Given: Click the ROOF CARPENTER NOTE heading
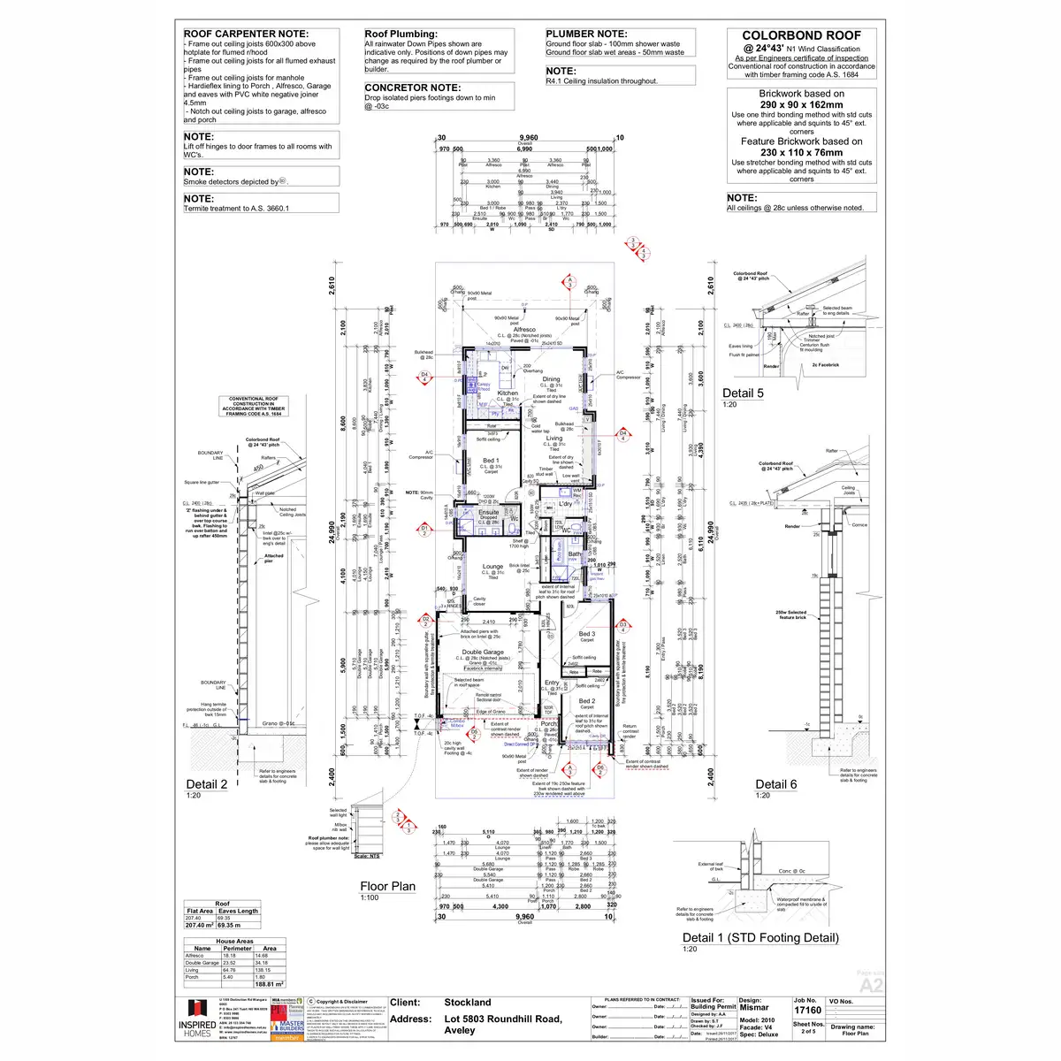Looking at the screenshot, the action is click(x=246, y=34).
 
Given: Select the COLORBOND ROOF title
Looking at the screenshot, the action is click(x=801, y=35).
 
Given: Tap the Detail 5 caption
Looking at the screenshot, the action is click(x=743, y=393).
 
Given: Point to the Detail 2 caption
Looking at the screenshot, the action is click(x=206, y=783).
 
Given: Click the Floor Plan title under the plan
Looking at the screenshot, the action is click(x=387, y=886).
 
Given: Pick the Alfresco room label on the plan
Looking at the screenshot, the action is click(x=524, y=329).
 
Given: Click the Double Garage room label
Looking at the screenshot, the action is click(x=483, y=653).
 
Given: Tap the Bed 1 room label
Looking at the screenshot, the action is click(x=491, y=461).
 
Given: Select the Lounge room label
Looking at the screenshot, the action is click(x=492, y=567).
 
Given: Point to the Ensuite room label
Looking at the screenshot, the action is click(x=489, y=512).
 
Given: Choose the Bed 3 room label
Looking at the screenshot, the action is click(x=587, y=634).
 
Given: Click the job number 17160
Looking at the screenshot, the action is click(x=807, y=1010).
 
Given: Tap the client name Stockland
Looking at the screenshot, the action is click(x=468, y=1003).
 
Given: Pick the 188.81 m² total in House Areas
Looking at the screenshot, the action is click(x=269, y=983).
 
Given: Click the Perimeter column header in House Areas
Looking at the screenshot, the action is click(x=237, y=949).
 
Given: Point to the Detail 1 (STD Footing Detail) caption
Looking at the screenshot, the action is click(x=760, y=937).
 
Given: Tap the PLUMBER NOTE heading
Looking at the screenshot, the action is click(x=586, y=34).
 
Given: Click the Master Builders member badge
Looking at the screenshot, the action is click(x=287, y=1027).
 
